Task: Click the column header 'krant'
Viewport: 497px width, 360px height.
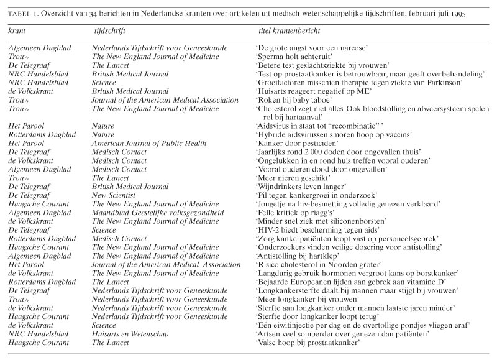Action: coord(18,30)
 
